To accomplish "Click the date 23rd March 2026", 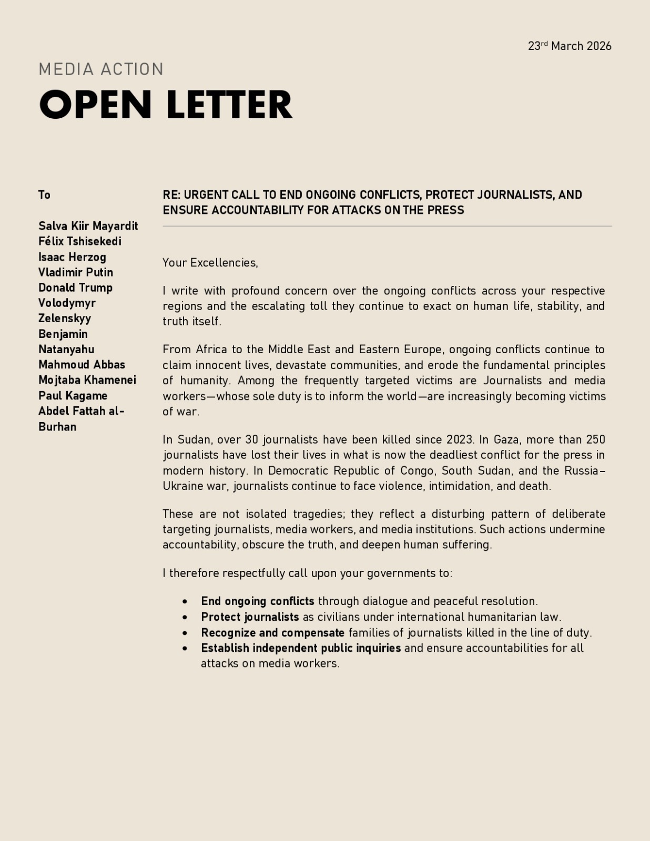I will point(570,46).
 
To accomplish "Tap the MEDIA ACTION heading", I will point(101,69).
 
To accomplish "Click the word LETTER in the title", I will point(229,105).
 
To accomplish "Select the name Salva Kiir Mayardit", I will point(88,226).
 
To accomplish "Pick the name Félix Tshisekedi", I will point(79,241).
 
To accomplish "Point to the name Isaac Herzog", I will point(72,257).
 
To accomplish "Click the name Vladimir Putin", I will point(75,272).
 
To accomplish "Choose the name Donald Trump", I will point(75,288).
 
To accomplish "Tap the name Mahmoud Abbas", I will point(82,364).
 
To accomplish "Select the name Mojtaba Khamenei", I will point(87,380).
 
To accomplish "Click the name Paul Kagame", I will point(73,395).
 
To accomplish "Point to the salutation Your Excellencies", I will point(210,263).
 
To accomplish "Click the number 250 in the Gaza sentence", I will point(595,439).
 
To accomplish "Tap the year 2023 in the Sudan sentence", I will point(460,439).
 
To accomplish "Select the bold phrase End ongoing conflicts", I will point(257,601).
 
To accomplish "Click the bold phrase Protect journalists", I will point(250,617).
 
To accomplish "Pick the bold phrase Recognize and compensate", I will point(272,632).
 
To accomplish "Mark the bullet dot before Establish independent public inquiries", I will point(185,648).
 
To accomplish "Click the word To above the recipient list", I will point(44,195).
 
